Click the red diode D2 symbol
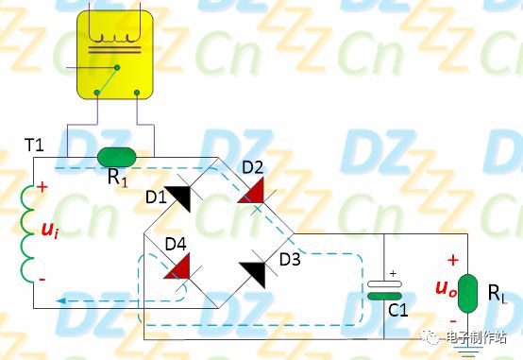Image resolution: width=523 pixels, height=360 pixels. tap(249, 191)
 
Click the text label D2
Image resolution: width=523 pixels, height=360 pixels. tap(252, 168)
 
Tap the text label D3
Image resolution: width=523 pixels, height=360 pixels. tap(289, 256)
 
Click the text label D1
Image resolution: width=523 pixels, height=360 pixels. tap(156, 197)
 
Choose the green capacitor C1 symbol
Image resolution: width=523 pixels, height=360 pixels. tap(382, 291)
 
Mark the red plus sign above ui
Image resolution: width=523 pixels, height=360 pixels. tap(42, 187)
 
